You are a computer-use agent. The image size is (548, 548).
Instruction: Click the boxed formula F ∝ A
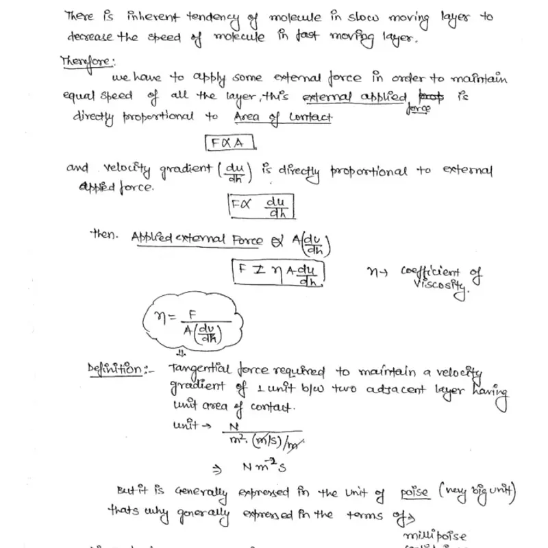point(230,143)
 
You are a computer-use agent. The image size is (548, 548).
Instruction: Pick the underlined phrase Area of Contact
point(283,118)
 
